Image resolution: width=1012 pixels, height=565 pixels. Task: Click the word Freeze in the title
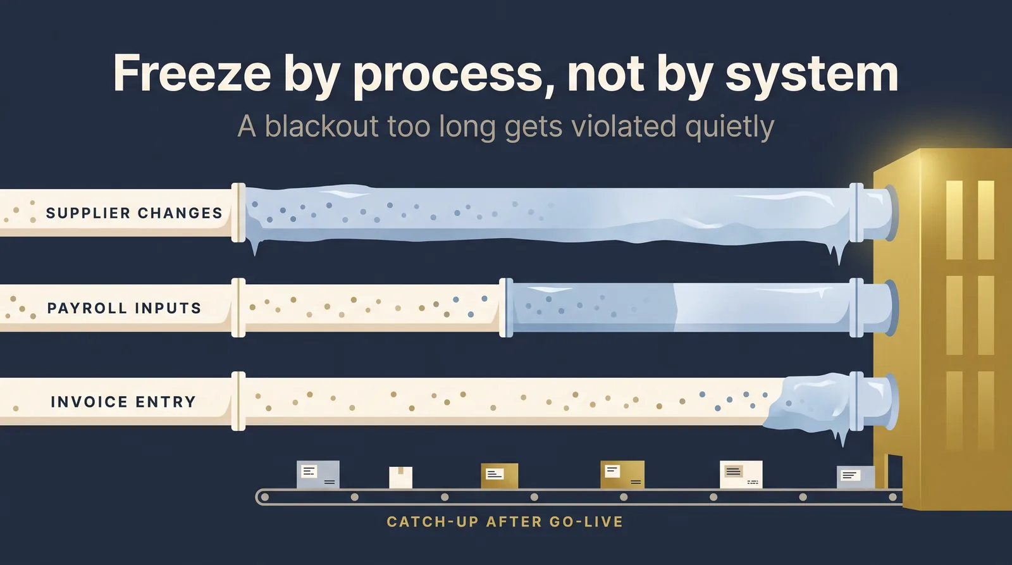[192, 73]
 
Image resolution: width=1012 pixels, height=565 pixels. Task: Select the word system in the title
[812, 75]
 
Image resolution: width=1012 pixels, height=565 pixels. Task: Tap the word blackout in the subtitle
[322, 126]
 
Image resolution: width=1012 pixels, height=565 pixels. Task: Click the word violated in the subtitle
[624, 126]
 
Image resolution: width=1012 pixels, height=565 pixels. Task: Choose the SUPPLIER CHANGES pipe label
[134, 213]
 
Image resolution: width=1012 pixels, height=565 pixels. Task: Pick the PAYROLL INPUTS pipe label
[124, 308]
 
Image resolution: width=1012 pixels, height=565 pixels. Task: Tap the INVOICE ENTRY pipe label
[123, 402]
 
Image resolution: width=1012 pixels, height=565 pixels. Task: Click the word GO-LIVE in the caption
[586, 522]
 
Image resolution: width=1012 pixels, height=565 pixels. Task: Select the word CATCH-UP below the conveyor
[433, 522]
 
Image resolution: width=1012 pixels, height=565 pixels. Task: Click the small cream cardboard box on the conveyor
[401, 477]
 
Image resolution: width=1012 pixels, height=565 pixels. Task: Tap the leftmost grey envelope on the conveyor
[318, 475]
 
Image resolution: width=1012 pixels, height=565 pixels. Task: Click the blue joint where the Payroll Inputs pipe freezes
[506, 308]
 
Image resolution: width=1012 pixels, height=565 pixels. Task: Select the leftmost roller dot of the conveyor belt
[265, 497]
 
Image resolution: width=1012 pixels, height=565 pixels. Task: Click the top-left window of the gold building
[954, 220]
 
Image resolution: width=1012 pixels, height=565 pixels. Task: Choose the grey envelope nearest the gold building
[855, 477]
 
